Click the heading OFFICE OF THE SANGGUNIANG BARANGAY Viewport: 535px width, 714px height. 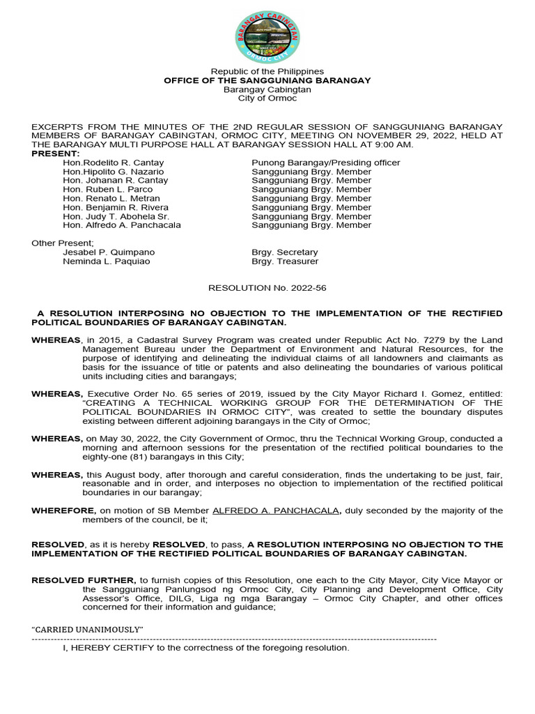point(267,80)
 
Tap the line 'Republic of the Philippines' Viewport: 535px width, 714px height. point(267,71)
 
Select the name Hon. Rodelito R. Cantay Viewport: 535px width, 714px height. point(114,162)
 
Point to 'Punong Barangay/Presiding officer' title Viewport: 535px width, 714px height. point(326,162)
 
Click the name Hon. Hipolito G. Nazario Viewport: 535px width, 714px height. point(114,172)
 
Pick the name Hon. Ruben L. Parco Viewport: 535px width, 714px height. point(107,189)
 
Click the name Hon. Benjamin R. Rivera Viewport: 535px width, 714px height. point(116,207)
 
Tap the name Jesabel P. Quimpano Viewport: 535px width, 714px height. point(109,252)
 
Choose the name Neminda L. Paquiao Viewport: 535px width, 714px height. point(106,261)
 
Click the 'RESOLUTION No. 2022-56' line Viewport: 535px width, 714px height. point(267,287)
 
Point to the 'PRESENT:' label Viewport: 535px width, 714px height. point(56,153)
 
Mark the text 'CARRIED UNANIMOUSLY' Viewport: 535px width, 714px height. point(88,630)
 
